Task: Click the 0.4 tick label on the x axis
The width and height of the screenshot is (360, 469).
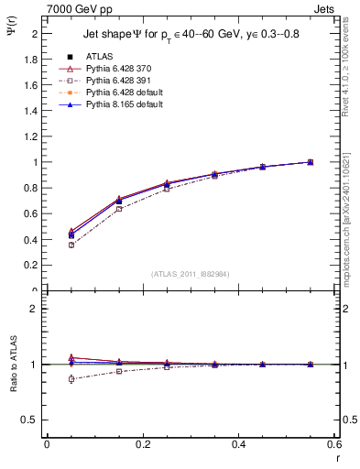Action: tap(238, 444)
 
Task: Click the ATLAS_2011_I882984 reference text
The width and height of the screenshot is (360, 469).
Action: tap(191, 273)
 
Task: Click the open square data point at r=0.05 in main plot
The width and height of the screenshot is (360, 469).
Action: tap(71, 245)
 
